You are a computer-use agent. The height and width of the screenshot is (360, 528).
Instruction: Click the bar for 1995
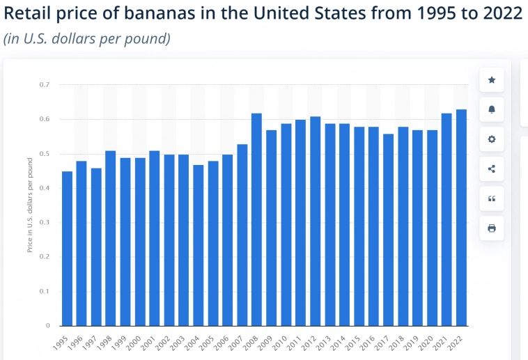[67, 249]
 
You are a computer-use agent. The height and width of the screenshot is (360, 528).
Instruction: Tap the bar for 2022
[461, 217]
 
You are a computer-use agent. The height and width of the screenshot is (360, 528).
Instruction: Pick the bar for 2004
[198, 245]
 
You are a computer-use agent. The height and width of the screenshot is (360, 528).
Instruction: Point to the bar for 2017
[388, 230]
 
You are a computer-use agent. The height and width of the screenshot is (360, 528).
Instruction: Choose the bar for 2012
[315, 221]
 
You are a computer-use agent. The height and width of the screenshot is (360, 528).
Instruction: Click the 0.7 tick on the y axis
[47, 85]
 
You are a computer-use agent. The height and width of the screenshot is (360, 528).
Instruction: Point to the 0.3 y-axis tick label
[47, 223]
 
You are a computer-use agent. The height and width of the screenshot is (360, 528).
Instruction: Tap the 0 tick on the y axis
[49, 326]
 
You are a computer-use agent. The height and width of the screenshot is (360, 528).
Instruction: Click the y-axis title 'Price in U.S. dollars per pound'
[30, 205]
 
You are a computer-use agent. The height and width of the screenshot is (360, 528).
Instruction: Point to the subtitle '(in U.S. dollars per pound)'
[87, 39]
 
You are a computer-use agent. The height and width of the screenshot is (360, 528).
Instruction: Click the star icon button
[492, 80]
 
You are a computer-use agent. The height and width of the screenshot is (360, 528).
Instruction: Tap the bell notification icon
[492, 110]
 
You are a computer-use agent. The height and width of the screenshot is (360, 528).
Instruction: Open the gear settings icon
[492, 139]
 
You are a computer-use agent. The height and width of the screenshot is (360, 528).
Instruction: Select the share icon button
[492, 169]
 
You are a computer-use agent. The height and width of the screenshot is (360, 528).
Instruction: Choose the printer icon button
[492, 228]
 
